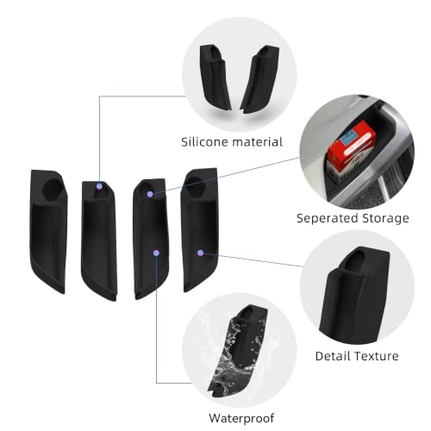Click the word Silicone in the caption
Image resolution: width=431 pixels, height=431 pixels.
[x=203, y=142]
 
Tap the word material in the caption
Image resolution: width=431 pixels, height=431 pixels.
[x=257, y=142]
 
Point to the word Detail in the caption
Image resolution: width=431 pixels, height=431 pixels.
[x=333, y=356]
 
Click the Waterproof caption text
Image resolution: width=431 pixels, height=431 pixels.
[x=241, y=418]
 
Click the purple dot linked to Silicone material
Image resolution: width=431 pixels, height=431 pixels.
[x=99, y=186]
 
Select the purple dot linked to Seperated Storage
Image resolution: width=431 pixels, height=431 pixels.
[x=150, y=194]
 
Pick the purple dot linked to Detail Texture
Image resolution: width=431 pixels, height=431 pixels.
[x=201, y=253]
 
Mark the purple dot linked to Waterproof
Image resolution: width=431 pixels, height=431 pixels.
[x=156, y=253]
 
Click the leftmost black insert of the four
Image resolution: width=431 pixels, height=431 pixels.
[x=48, y=231]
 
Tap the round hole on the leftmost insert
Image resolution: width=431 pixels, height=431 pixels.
[x=53, y=189]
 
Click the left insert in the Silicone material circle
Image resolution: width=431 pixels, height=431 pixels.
[x=215, y=78]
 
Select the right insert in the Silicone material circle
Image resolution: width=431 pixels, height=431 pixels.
[x=259, y=79]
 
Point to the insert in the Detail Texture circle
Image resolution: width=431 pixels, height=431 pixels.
[x=355, y=296]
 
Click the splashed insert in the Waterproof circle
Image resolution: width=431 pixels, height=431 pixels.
[x=238, y=351]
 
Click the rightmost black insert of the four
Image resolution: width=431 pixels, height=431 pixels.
[x=200, y=230]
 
